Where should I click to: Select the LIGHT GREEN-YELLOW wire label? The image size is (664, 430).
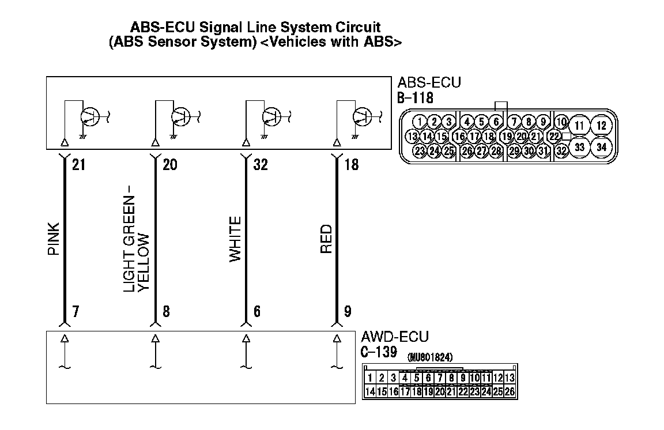[137, 243]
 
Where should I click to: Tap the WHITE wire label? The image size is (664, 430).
[235, 239]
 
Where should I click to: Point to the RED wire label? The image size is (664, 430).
[326, 240]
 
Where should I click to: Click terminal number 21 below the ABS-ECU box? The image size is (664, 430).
[78, 165]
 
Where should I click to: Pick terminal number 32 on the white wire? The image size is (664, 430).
[261, 165]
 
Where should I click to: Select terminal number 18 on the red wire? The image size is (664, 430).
[351, 165]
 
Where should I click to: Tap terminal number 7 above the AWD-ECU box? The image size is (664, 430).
[76, 312]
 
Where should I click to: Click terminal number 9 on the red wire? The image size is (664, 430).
[348, 312]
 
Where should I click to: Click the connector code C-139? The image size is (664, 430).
[379, 352]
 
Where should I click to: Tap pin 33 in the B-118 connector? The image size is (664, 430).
[580, 147]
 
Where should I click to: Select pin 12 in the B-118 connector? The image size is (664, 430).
[602, 125]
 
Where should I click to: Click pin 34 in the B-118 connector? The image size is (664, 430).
[602, 147]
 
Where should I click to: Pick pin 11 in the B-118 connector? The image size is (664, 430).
[580, 125]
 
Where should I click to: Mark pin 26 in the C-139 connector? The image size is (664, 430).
[510, 391]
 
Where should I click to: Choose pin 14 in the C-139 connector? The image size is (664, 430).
[370, 391]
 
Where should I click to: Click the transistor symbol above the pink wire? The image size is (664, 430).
[89, 117]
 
